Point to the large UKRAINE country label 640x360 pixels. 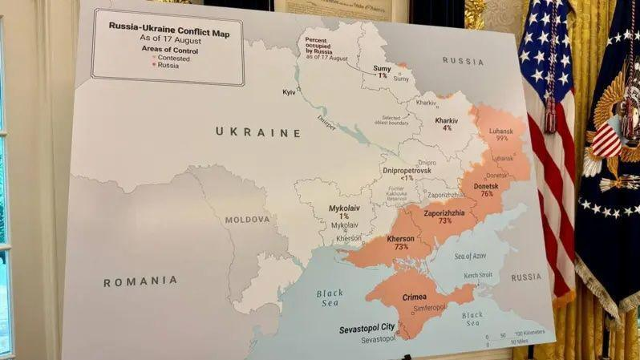pyautogui.click(x=257, y=132)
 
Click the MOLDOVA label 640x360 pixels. pyautogui.click(x=247, y=219)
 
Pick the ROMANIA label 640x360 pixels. pyautogui.click(x=140, y=281)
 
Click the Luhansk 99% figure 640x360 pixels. pyautogui.click(x=502, y=138)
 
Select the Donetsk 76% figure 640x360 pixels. pyautogui.click(x=487, y=194)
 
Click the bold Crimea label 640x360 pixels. pyautogui.click(x=415, y=297)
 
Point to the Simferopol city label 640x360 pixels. pyautogui.click(x=428, y=308)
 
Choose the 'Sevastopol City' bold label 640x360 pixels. pyautogui.click(x=366, y=327)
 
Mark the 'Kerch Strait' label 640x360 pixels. pyautogui.click(x=478, y=276)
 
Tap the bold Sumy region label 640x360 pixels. pyautogui.click(x=383, y=69)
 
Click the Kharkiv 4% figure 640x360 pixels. pyautogui.click(x=447, y=127)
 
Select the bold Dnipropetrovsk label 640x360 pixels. pyautogui.click(x=406, y=171)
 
